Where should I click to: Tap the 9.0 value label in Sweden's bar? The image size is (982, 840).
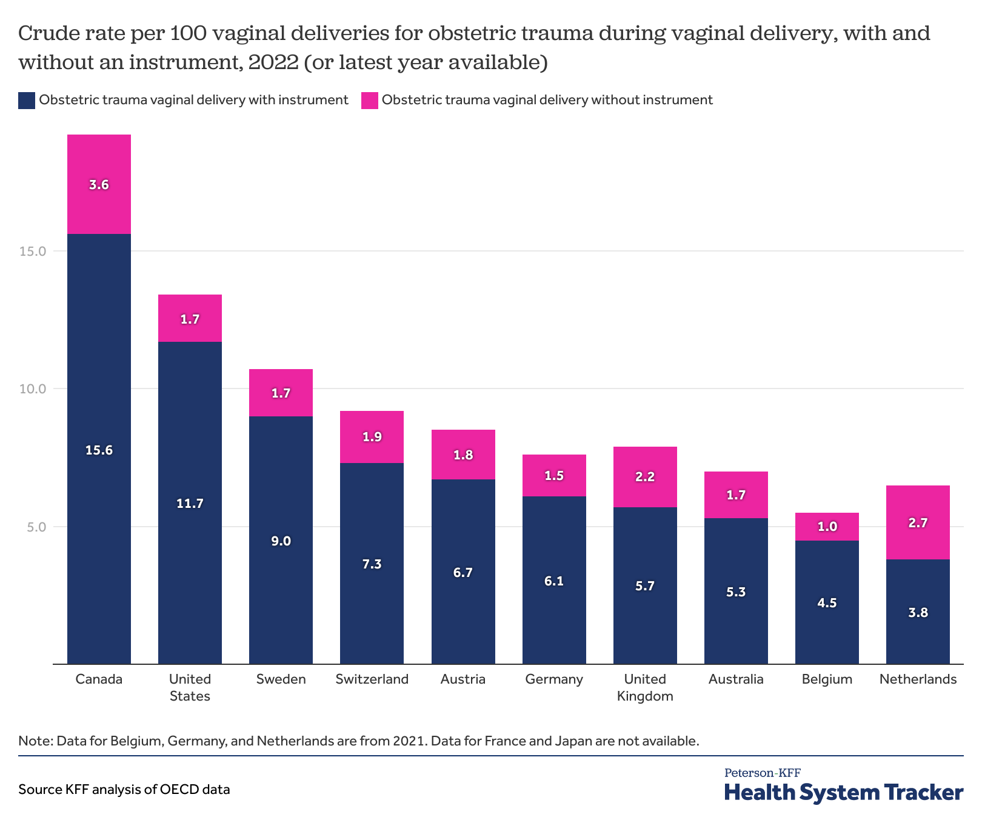tap(281, 541)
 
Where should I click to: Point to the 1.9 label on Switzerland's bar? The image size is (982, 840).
tap(372, 437)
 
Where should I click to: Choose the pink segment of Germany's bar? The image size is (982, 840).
tap(554, 476)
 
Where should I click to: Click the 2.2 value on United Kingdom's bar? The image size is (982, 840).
tap(645, 476)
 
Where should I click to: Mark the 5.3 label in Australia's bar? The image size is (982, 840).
tap(736, 592)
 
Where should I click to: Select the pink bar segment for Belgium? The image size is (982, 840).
tap(827, 527)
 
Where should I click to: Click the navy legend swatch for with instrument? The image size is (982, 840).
tap(27, 101)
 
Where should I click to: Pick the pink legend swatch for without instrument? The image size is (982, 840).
tap(369, 101)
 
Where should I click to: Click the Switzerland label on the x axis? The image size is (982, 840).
tap(372, 679)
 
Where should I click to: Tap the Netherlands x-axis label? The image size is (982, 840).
tap(918, 679)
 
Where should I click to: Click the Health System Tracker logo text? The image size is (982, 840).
tap(843, 793)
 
